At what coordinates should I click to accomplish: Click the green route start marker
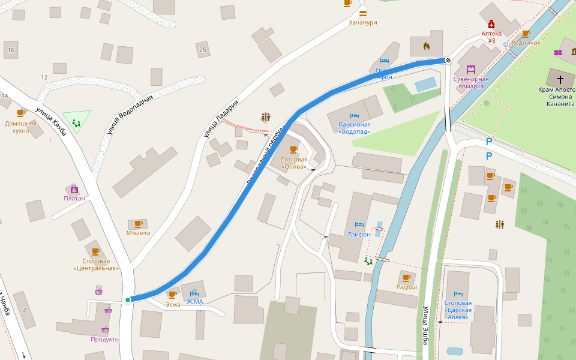coord(128,299)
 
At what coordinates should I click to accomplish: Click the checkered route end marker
coord(448,59)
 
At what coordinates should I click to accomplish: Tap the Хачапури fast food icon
coord(362,12)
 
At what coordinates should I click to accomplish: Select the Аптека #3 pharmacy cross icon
coord(491,24)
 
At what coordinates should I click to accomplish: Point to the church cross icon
coord(560,79)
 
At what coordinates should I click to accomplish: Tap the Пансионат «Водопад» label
coord(354,128)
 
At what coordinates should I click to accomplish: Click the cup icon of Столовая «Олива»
coord(293,149)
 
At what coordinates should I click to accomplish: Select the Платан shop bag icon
coord(74,188)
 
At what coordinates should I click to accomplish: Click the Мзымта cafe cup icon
coord(138,223)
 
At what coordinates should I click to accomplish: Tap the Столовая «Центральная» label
coord(95,265)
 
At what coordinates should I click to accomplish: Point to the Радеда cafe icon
coord(406,277)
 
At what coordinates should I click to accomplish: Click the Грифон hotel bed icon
coord(359,224)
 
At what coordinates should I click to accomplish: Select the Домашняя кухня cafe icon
coord(20,113)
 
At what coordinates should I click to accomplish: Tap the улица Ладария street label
coord(221,119)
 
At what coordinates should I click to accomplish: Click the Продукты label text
coord(105,339)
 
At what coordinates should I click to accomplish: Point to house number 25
coord(203,50)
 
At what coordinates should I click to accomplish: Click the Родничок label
coord(526,43)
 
